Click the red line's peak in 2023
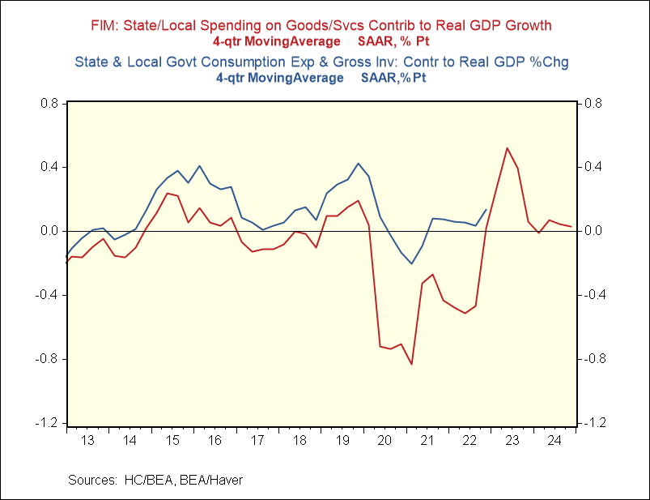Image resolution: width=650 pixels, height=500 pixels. (507, 148)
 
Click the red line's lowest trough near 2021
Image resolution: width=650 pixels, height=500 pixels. (411, 364)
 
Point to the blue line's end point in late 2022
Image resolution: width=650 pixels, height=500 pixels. (486, 209)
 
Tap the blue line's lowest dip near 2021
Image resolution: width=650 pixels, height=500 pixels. (411, 263)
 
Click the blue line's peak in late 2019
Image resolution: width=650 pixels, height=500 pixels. (358, 164)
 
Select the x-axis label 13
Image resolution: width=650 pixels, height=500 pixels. (87, 440)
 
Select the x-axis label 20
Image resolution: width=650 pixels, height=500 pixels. (384, 440)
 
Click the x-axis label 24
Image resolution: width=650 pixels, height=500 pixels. (554, 440)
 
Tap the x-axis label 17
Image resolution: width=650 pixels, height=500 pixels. (257, 440)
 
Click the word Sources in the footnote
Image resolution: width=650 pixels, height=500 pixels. (91, 480)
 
